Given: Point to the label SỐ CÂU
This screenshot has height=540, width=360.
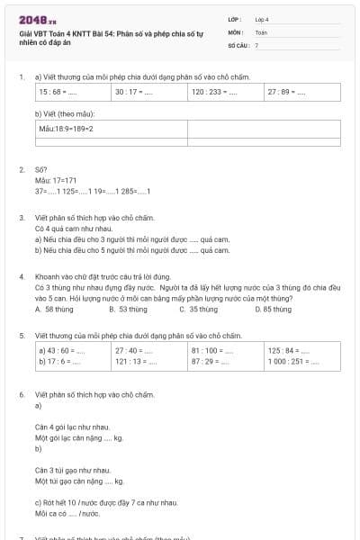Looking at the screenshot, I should tap(238, 44).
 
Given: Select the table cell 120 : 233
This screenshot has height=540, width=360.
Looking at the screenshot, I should tap(213, 92).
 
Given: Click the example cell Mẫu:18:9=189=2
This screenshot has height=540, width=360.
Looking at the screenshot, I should tap(67, 129).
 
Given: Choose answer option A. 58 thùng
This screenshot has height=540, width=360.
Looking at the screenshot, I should tap(53, 310).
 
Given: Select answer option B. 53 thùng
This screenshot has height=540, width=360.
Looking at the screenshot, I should tap(127, 310).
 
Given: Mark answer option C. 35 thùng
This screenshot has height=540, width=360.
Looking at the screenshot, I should tap(197, 310).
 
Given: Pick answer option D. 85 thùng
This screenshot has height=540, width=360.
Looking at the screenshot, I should tap(272, 310).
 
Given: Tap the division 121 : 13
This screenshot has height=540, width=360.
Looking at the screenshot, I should tap(133, 361).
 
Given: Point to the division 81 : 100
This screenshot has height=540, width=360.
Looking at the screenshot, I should tap(211, 350).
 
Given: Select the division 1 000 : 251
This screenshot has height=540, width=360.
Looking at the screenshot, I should tap(291, 361).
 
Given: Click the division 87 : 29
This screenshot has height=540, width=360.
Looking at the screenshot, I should tap(209, 361).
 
